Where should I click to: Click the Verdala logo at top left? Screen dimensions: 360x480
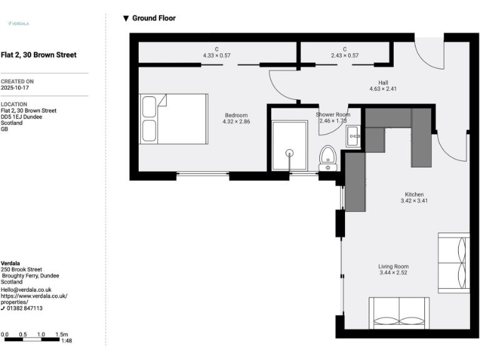(x=18, y=23)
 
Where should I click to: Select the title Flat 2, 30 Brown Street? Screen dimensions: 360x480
(x=39, y=55)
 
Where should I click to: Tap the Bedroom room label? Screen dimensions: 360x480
(x=236, y=115)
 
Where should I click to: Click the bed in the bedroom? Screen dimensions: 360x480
(x=173, y=119)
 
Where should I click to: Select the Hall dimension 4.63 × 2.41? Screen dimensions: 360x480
(x=383, y=89)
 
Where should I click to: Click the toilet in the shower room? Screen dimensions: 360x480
(x=327, y=158)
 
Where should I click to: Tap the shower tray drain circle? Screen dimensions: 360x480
(x=289, y=152)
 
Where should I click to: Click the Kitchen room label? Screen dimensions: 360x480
(x=414, y=194)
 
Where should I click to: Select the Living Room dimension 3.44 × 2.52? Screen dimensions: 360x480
(x=394, y=273)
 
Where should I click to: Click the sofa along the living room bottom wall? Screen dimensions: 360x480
(x=398, y=313)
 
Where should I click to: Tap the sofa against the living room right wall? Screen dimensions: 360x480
(x=453, y=262)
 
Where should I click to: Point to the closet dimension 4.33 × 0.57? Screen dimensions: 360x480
(x=217, y=56)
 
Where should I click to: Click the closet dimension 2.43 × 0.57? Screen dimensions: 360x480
(x=344, y=56)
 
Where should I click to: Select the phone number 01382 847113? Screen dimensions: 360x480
(x=25, y=308)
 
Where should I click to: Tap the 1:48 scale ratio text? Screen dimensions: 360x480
(x=66, y=341)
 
